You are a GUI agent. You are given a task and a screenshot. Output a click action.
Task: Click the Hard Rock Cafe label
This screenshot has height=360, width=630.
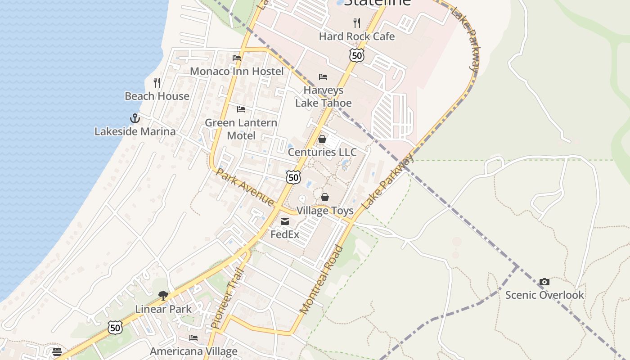point(356,36)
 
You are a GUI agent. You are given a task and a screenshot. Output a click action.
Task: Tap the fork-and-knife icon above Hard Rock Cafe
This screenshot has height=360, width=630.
point(357,22)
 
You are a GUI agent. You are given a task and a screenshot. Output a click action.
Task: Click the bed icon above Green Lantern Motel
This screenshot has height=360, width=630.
point(241,109)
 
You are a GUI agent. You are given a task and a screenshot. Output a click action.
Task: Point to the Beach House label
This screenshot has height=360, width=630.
point(157,96)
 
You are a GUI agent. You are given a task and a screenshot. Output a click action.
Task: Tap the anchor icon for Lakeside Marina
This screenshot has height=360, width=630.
point(135,118)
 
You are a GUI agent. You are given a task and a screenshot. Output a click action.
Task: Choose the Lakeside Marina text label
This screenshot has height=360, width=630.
point(135,131)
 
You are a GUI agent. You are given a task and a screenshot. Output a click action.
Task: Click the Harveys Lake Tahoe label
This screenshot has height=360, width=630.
point(323,96)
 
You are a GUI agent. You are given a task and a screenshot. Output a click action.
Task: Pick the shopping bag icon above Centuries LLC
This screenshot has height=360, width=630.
point(322,139)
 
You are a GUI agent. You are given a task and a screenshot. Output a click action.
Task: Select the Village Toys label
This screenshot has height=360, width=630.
point(324,211)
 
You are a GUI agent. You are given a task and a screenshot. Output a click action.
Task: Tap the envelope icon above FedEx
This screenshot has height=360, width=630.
point(285,221)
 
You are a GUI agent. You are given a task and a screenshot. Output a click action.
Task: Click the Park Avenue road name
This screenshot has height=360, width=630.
point(245,187)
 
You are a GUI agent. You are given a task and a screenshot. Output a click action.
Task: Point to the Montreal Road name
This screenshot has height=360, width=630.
point(321,280)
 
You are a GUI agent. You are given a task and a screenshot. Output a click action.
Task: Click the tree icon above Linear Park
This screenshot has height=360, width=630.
point(163,296)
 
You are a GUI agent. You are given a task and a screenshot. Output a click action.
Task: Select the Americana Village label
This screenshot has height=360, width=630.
point(193,351)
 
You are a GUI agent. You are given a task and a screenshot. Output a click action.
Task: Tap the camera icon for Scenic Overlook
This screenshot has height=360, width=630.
point(544,282)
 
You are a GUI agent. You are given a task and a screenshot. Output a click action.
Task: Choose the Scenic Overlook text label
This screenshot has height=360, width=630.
point(544,295)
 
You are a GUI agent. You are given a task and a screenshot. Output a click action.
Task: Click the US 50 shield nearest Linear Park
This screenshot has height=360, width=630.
point(115,328)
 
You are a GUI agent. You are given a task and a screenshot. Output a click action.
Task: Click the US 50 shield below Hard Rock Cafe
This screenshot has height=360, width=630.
point(356,55)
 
